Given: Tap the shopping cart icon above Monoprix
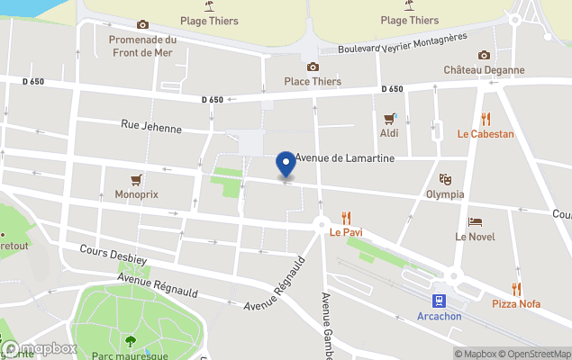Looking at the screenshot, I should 136,178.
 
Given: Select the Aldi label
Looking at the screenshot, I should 389,133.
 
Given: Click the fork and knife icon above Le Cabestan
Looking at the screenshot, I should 486,119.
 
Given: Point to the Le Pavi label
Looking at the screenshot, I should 345,231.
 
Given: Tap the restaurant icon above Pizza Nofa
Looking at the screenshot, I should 516,289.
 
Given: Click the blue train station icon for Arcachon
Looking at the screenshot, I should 439,301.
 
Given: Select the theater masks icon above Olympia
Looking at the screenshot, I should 445,179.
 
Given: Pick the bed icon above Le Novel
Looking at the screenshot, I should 475,221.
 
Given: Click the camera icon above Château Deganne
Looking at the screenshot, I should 485,55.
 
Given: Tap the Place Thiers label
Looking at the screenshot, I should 313,81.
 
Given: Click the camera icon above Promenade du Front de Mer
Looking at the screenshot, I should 142,25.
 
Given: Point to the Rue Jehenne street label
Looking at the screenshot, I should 150,127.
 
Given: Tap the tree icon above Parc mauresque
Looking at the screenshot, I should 131,340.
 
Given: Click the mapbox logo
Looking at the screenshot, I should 40,349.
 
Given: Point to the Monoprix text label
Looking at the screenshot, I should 136,193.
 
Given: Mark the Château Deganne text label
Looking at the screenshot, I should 485,69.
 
